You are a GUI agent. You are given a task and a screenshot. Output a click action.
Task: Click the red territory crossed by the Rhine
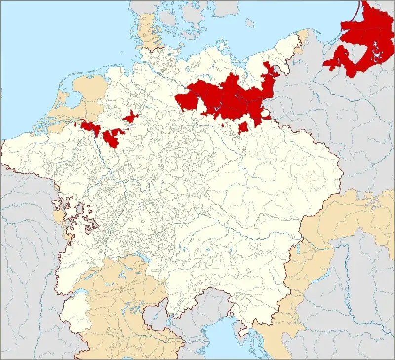pyautogui.click(x=89, y=127)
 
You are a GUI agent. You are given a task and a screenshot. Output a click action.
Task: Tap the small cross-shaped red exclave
pyautogui.click(x=131, y=118)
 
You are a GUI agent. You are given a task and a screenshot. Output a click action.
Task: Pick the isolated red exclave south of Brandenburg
pyautogui.click(x=243, y=128)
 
